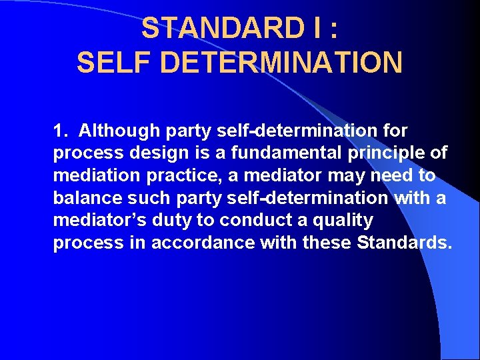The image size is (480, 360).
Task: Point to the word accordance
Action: [203, 243]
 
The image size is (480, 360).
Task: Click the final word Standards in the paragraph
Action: [405, 243]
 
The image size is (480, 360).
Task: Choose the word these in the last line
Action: [327, 243]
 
